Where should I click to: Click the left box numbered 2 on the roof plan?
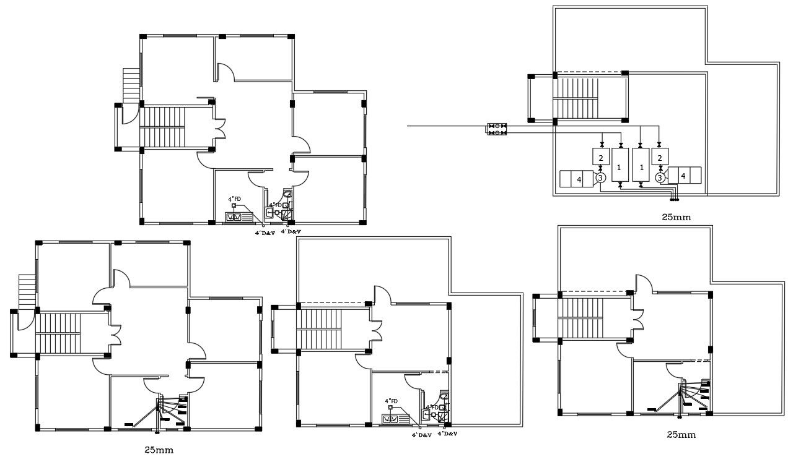coord(600,157)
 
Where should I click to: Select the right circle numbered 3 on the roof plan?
coord(660,178)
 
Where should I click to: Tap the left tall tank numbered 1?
coord(620,165)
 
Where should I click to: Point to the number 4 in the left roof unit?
coord(579,179)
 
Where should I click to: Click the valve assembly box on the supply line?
coord(497,129)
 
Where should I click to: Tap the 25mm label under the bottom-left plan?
coord(159,450)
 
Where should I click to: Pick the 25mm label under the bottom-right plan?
coord(681,435)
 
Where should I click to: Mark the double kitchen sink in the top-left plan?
coord(235,216)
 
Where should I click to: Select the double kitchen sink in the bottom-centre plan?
coord(392,419)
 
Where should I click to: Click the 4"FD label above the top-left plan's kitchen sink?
coord(234,199)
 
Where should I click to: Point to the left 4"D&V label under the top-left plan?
coord(265,233)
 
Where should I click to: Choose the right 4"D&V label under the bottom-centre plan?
coord(447,434)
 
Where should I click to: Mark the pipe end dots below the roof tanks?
coord(674,200)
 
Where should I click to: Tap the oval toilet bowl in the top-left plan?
coord(286,194)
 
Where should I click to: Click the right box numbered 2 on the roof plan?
coord(660,157)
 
